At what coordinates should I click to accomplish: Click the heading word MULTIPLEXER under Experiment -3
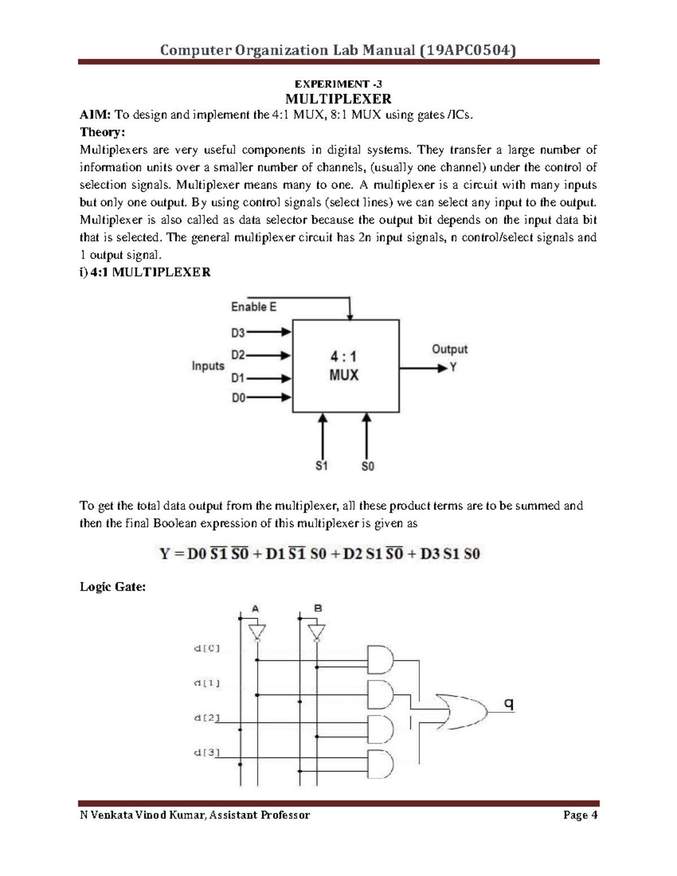pos(338,99)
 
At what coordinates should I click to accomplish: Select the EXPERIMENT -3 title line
pos(338,84)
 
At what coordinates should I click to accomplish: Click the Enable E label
pos(253,307)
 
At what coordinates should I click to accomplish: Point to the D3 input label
pos(238,333)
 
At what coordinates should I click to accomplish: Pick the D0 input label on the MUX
pos(238,398)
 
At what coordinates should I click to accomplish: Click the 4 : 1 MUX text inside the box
pos(343,366)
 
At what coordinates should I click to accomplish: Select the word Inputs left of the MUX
pos(208,366)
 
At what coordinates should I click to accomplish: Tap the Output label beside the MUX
pos(449,349)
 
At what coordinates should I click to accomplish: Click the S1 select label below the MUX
pos(322,466)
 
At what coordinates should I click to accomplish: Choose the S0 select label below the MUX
pos(367,466)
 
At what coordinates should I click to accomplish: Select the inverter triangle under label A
pos(257,632)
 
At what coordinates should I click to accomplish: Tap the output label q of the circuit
pos(509,703)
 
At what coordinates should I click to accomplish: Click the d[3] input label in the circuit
pos(206,752)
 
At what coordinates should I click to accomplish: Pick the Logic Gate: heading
pos(113,587)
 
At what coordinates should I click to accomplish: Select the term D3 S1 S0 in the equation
pos(449,554)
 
